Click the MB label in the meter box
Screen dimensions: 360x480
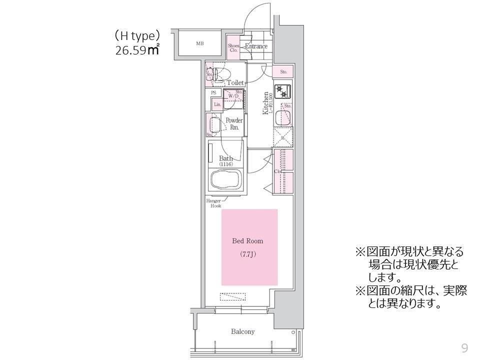click(x=199, y=43)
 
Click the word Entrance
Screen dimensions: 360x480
click(x=256, y=46)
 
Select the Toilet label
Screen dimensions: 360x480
click(x=235, y=82)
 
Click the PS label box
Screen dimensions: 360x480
click(x=213, y=93)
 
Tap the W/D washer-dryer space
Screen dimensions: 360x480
click(x=232, y=97)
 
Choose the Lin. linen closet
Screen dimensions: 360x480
click(x=217, y=104)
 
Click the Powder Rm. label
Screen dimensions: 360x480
click(x=234, y=123)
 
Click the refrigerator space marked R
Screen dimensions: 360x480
click(x=283, y=136)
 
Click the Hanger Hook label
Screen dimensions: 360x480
click(x=214, y=203)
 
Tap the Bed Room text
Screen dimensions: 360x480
click(x=247, y=241)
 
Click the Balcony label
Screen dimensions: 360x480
click(x=242, y=331)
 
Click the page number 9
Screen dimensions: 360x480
click(x=464, y=348)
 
